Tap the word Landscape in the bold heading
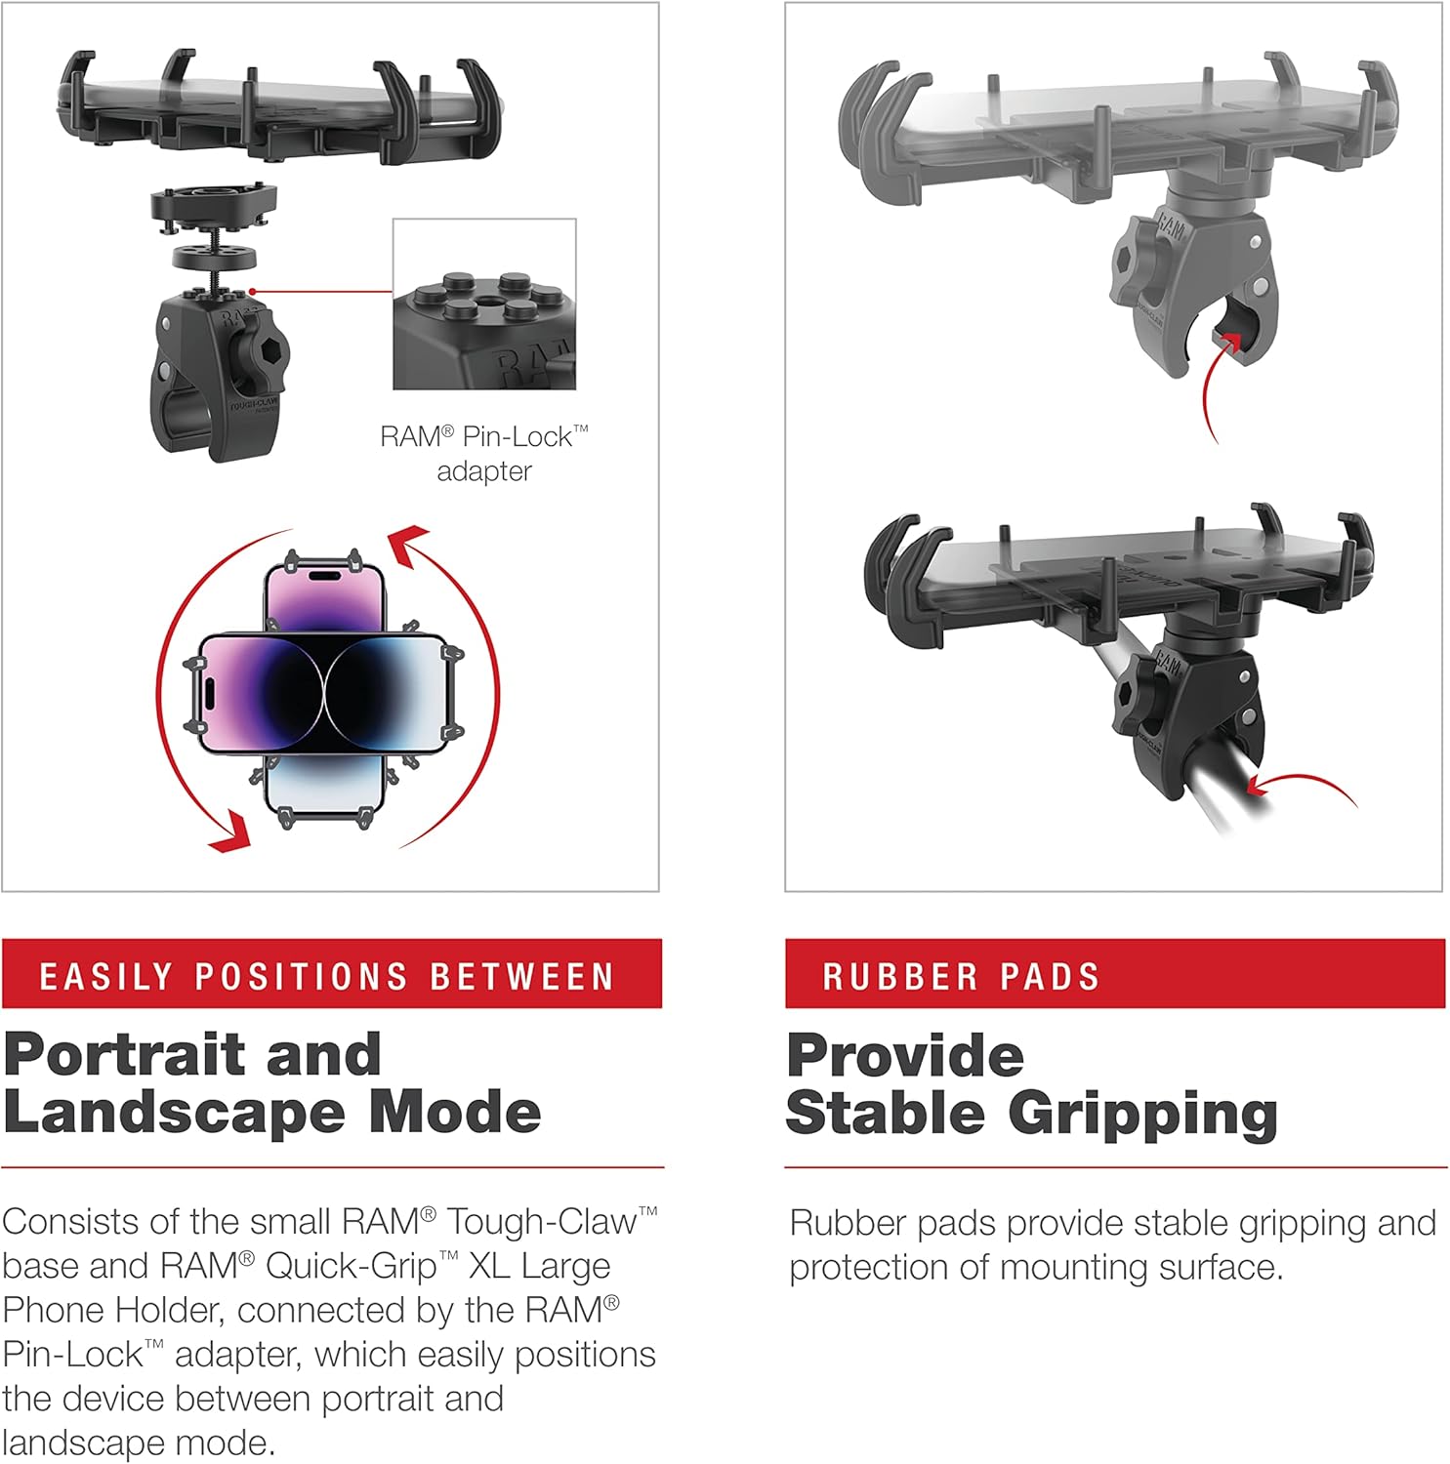point(174,1114)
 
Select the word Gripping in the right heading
point(1141,1115)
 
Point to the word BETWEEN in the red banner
point(521,976)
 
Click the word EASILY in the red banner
point(105,976)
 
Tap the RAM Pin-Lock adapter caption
point(484,454)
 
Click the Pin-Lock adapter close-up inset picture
point(484,305)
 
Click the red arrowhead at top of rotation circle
point(410,543)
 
